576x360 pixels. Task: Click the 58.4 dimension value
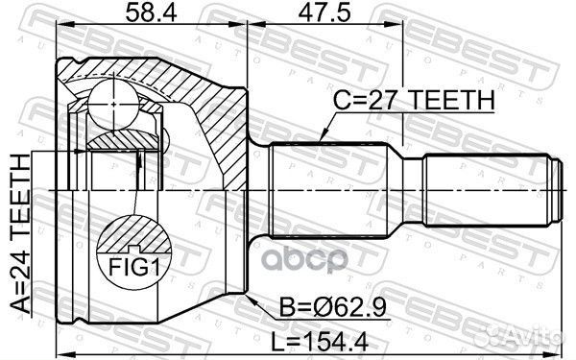click(152, 12)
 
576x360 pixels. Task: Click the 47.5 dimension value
click(324, 12)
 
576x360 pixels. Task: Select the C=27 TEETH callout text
click(414, 100)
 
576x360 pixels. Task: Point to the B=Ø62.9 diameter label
click(333, 307)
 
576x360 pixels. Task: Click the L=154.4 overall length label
click(320, 342)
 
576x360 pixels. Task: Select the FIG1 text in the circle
click(134, 267)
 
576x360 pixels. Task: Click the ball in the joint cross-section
click(113, 105)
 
